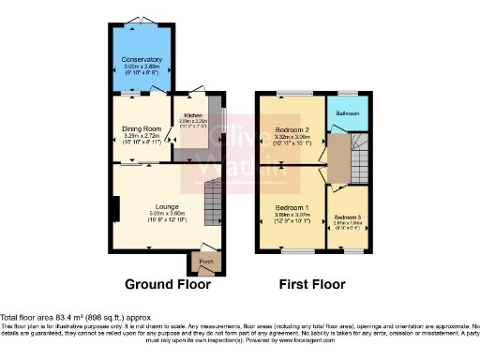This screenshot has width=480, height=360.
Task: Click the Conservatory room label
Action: click(x=141, y=60)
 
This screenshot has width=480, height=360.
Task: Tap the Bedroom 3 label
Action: click(x=347, y=217)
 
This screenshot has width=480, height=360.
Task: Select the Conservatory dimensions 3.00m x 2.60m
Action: click(x=141, y=67)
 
